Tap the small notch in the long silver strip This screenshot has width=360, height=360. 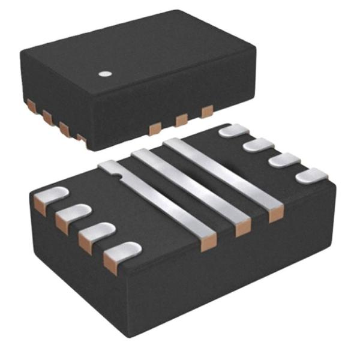pos(120,176)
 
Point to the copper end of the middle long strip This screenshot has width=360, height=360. pos(243,228)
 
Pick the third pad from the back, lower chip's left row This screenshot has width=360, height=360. pos(97,233)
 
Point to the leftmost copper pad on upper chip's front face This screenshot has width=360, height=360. pos(154,128)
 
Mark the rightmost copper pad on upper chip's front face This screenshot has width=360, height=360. pos(207,112)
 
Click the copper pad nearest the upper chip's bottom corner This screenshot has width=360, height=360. pos(80,137)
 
